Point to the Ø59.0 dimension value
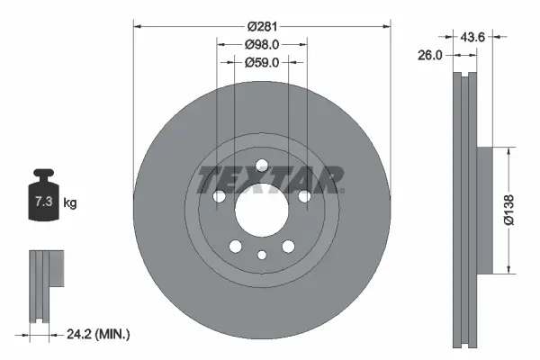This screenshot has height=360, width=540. tap(261, 62)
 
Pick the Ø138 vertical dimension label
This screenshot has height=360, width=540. tap(508, 209)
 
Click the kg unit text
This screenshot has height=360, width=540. tap(70, 203)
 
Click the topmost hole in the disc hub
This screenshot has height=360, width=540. tap(261, 165)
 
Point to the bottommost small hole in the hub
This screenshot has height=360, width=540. tap(261, 255)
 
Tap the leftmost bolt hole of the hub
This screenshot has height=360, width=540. tap(218, 196)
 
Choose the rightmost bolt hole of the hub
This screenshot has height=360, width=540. tap(304, 196)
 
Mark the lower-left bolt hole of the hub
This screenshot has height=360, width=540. tap(234, 247)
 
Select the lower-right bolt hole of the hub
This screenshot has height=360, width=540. tap(288, 247)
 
